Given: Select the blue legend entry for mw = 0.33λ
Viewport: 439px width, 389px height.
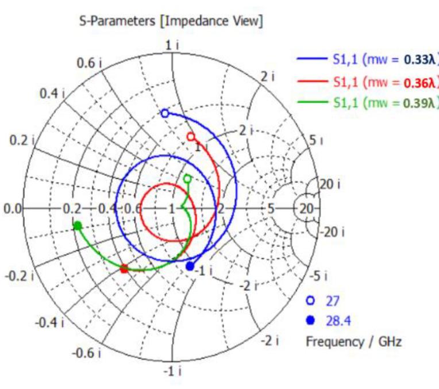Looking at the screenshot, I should (367, 59).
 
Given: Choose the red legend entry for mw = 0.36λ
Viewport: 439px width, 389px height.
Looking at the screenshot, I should (367, 82).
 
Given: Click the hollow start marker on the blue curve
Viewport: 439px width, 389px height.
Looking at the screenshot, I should (165, 113).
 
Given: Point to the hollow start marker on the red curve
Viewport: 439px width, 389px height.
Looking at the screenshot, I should (191, 137).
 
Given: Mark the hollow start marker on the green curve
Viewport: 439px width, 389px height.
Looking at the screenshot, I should (187, 179).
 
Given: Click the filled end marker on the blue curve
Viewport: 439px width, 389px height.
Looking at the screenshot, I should (190, 266).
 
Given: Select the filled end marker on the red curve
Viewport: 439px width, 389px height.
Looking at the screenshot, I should (124, 268).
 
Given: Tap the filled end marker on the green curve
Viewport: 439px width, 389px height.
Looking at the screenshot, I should (78, 225).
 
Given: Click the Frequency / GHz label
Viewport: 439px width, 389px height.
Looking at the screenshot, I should (353, 341).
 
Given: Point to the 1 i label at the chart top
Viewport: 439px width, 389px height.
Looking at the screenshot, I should (172, 45).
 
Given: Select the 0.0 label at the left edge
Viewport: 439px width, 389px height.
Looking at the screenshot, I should (10, 209).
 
